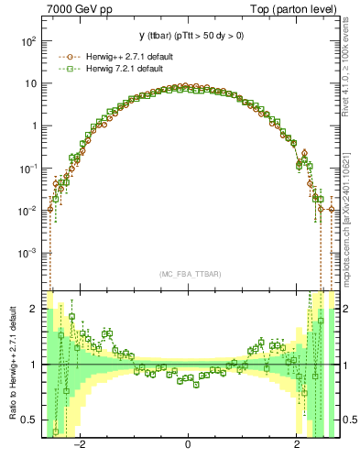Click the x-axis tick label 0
coord(188,447)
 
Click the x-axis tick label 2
coord(297,447)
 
